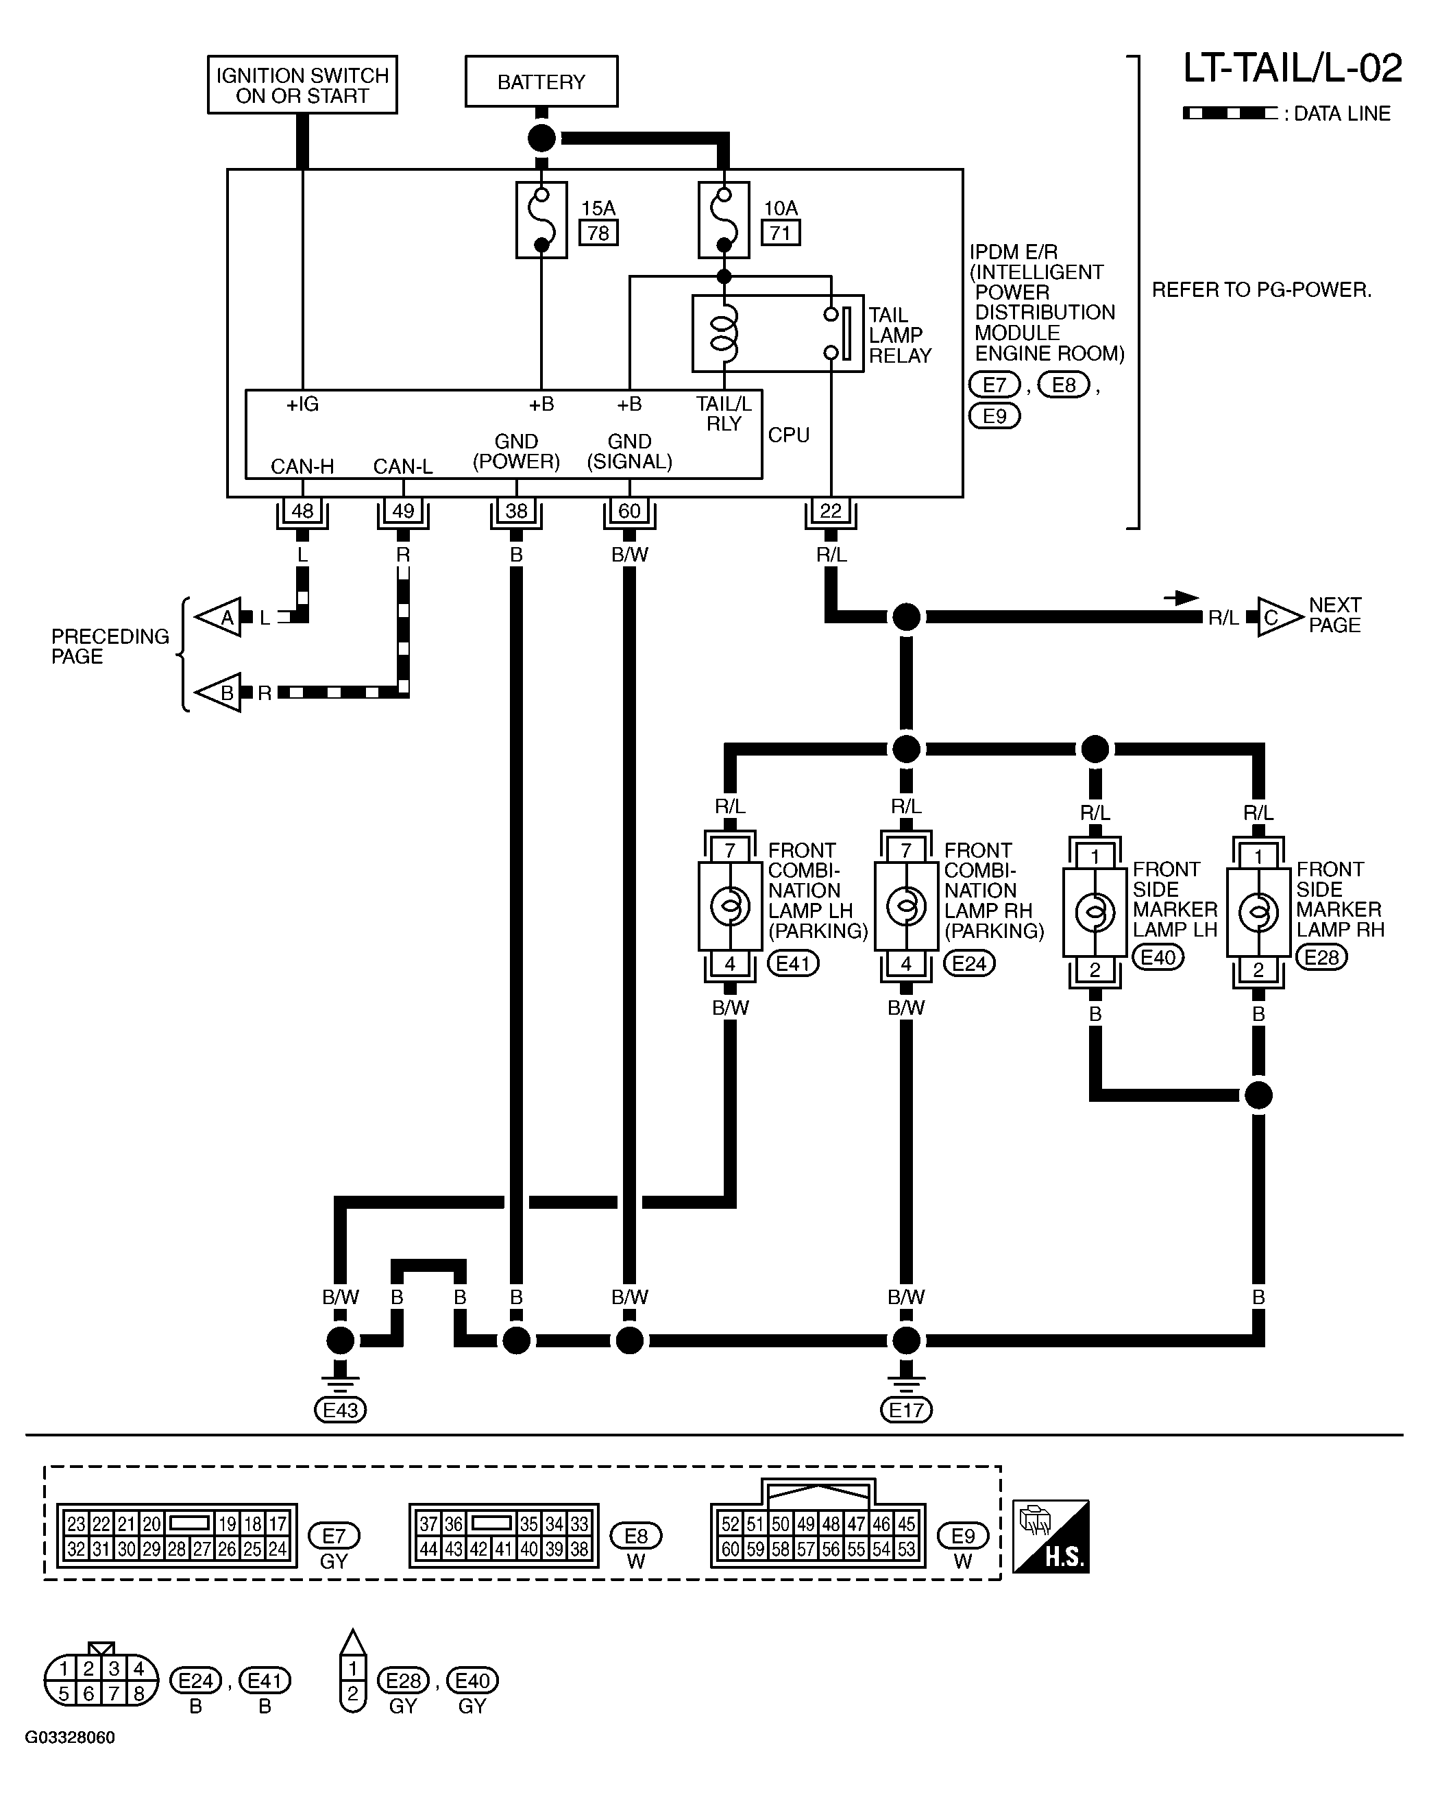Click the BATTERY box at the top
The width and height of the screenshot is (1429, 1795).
[541, 82]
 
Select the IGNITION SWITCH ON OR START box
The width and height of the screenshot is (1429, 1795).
[302, 85]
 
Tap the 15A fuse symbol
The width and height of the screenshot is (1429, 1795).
[541, 220]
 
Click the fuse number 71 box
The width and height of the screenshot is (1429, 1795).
[780, 233]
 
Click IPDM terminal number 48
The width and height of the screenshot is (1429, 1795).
[302, 510]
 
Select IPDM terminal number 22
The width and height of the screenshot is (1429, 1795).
[831, 510]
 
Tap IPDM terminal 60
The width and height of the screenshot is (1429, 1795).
[629, 510]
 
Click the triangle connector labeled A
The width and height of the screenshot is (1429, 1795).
[219, 618]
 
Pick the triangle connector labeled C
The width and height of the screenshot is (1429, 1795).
[1279, 617]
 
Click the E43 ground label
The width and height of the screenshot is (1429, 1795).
[341, 1410]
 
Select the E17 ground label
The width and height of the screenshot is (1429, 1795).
[906, 1410]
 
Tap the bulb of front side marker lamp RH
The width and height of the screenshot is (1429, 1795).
[1258, 913]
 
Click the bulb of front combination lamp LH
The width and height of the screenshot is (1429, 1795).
[730, 906]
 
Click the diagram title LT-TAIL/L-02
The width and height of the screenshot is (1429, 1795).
[1293, 69]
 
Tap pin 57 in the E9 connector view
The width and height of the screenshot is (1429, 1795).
[805, 1550]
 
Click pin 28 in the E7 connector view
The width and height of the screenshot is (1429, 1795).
[176, 1550]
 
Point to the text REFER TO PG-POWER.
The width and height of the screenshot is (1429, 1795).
[1262, 290]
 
